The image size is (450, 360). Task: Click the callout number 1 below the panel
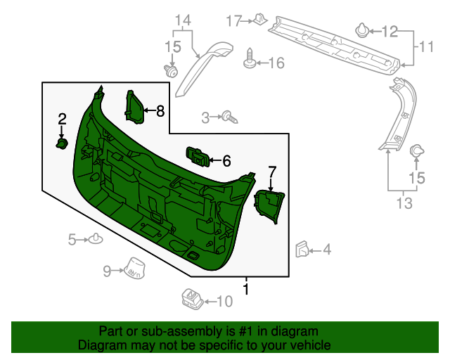point(246,288)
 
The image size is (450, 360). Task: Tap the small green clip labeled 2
point(62,144)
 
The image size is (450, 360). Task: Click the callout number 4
point(326,249)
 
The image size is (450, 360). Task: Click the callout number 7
point(272,171)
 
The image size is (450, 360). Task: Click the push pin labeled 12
point(402,203)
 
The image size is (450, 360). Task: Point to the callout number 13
point(183,20)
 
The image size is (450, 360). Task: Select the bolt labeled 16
point(250,59)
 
